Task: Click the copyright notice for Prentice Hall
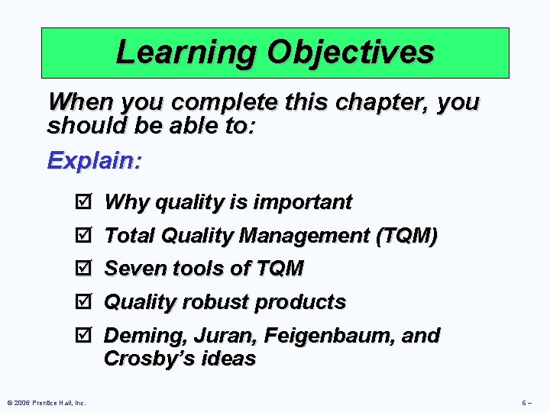(x=47, y=402)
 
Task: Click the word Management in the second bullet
(x=305, y=236)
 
